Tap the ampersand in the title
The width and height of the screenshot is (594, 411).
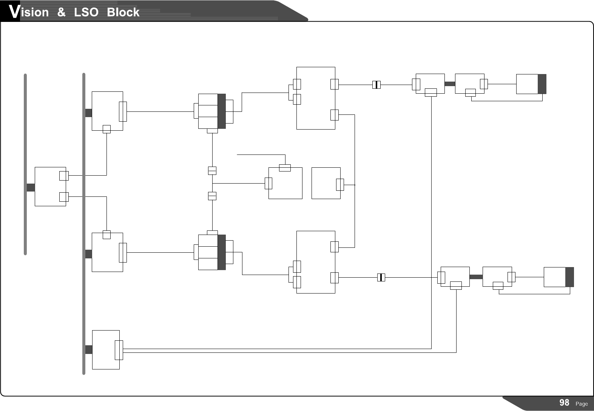pyautogui.click(x=61, y=12)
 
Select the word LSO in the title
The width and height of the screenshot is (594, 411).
pyautogui.click(x=86, y=12)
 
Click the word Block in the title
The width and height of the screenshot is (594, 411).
pyautogui.click(x=123, y=12)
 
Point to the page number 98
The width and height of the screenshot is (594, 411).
pyautogui.click(x=564, y=403)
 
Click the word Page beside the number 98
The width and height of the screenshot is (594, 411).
pyautogui.click(x=582, y=404)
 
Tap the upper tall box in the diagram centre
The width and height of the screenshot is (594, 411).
pyautogui.click(x=316, y=98)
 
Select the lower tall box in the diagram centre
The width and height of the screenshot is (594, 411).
pyautogui.click(x=316, y=262)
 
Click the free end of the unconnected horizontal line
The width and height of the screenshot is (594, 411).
pyautogui.click(x=238, y=155)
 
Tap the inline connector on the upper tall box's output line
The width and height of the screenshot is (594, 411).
pyautogui.click(x=376, y=85)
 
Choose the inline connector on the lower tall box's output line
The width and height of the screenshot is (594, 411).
pyautogui.click(x=381, y=278)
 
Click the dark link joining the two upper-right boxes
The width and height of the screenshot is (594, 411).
pyautogui.click(x=450, y=84)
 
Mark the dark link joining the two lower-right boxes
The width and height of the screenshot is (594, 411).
pyautogui.click(x=476, y=277)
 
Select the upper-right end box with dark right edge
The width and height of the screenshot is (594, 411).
pyautogui.click(x=531, y=84)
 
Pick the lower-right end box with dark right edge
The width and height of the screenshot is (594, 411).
pyautogui.click(x=559, y=277)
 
